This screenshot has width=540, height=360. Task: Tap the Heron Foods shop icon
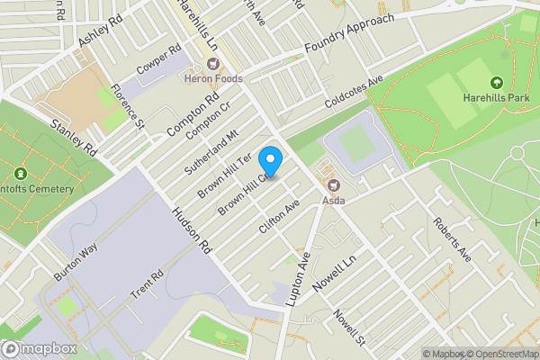(214, 65)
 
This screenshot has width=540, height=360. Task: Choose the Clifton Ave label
(278, 218)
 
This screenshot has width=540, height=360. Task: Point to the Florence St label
(127, 105)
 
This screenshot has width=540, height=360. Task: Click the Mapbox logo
(38, 348)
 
